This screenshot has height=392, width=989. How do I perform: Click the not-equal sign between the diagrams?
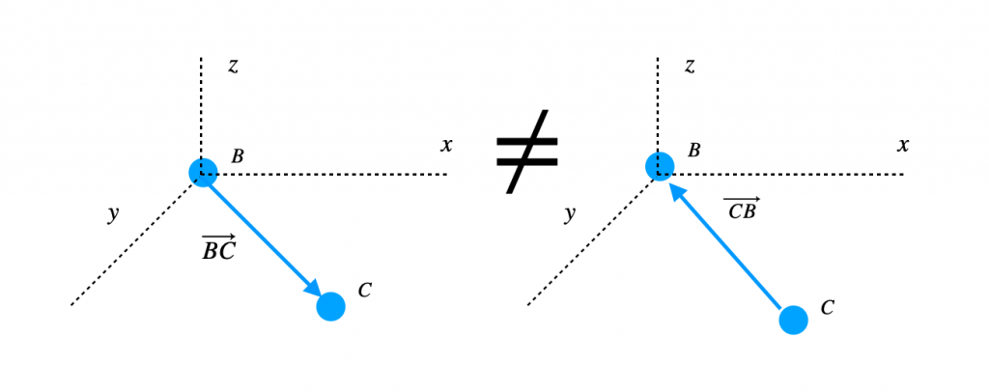[527, 151]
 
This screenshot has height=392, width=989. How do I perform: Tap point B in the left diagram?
[203, 172]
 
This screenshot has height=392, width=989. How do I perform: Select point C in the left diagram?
[330, 306]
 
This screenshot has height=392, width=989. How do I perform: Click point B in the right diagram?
[660, 166]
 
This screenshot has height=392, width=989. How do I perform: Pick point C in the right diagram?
[793, 320]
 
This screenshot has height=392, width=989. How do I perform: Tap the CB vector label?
[742, 208]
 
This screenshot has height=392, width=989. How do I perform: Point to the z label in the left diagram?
[233, 66]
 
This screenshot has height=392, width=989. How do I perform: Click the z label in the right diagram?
[690, 66]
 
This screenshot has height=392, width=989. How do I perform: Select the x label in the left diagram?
[446, 146]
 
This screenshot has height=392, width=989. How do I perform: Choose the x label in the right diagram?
[903, 146]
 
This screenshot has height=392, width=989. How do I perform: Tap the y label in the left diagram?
[113, 214]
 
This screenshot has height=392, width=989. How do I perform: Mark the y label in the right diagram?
[570, 214]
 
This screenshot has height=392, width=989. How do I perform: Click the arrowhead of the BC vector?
[313, 289]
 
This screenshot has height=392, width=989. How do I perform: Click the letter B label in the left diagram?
[237, 155]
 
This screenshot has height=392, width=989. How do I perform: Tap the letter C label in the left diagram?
[364, 289]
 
